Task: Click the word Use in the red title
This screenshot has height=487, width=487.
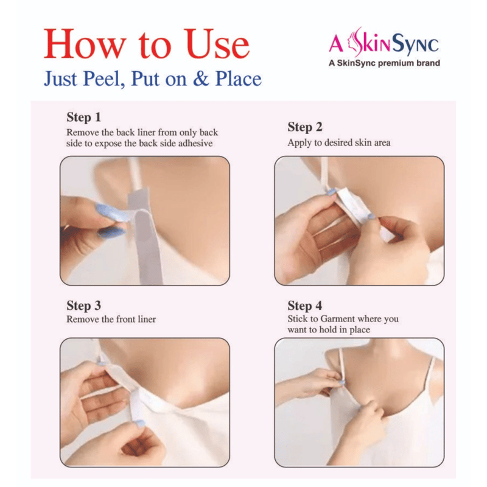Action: point(218,44)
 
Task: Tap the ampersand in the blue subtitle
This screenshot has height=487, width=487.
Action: point(201,79)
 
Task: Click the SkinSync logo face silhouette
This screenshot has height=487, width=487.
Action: point(354,42)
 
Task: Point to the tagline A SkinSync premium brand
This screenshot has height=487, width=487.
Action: point(384,63)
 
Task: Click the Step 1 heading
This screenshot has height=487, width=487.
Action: point(83,117)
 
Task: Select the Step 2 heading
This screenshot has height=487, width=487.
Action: point(305,127)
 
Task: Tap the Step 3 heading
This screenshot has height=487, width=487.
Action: point(83,306)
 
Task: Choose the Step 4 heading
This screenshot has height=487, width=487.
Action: point(305,306)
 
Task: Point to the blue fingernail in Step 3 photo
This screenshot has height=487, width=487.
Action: point(139,422)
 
